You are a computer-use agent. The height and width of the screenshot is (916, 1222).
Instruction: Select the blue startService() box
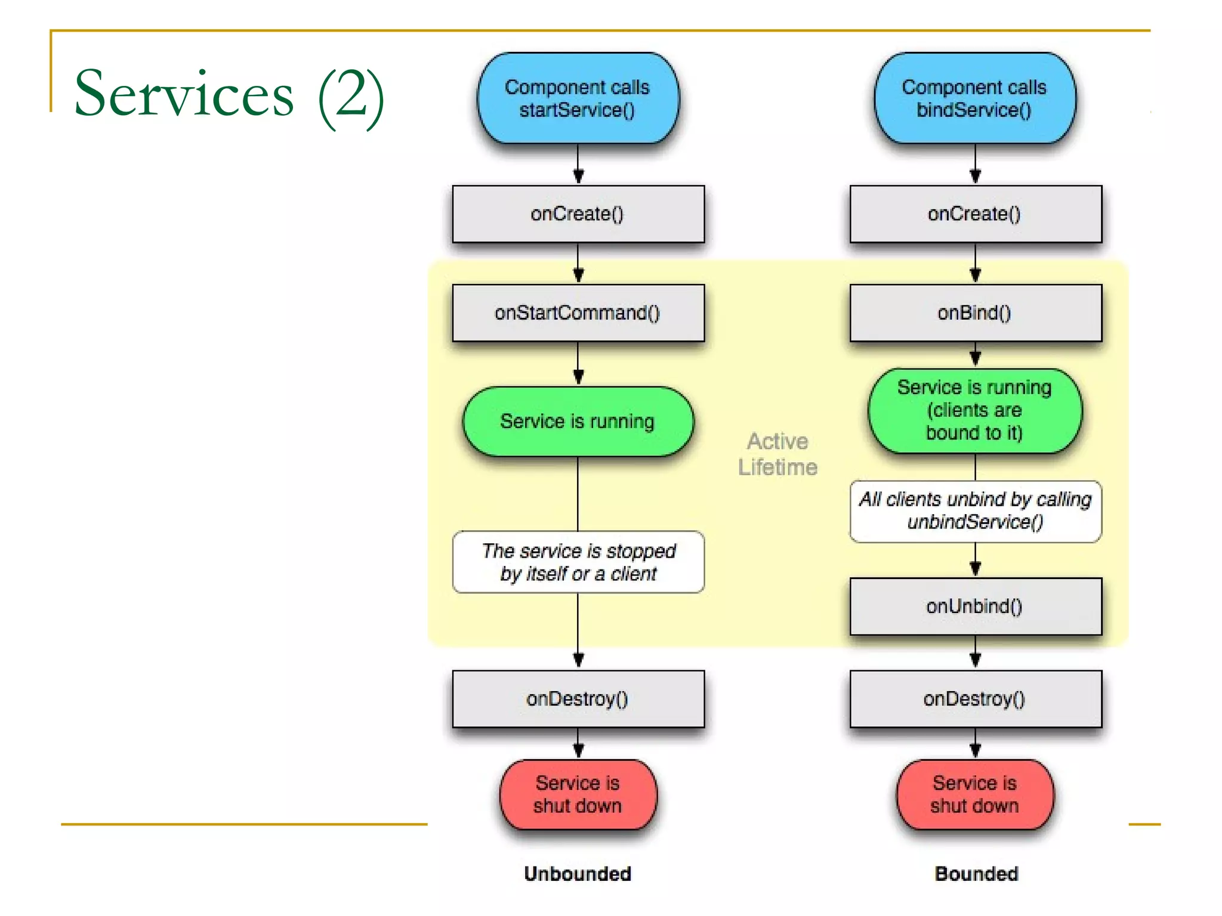(x=578, y=98)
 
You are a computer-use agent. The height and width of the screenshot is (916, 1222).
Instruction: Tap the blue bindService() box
(x=974, y=98)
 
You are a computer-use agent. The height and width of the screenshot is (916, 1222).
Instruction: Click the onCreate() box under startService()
(x=578, y=213)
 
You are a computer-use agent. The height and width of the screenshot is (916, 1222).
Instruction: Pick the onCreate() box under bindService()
(x=975, y=213)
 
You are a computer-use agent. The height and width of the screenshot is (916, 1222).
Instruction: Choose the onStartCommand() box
(x=578, y=312)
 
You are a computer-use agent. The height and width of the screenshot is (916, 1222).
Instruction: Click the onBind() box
(x=975, y=312)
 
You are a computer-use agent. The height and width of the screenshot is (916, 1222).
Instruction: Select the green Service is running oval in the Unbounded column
(x=578, y=421)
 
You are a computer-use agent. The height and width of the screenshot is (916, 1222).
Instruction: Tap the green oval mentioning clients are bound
(x=974, y=410)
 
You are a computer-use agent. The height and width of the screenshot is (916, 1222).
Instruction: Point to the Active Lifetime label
(x=777, y=454)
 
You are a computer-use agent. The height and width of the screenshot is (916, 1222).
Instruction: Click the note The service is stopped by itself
(x=578, y=562)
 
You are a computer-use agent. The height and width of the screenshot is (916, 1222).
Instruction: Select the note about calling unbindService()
(x=975, y=510)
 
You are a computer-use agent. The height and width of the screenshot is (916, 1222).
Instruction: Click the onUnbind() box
(x=975, y=606)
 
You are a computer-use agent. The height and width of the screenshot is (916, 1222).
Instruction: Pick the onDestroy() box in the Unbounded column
(x=578, y=698)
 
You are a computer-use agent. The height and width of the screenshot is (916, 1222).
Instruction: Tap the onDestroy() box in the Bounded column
(x=975, y=698)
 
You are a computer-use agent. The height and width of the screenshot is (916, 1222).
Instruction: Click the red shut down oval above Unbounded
(x=578, y=794)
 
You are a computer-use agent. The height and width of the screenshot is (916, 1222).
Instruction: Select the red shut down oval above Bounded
(x=974, y=794)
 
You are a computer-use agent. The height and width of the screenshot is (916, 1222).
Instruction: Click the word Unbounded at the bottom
(x=578, y=874)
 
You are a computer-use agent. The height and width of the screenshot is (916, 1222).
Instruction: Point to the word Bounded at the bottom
(x=976, y=874)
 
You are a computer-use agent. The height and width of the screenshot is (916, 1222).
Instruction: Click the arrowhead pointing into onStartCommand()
(x=578, y=276)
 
